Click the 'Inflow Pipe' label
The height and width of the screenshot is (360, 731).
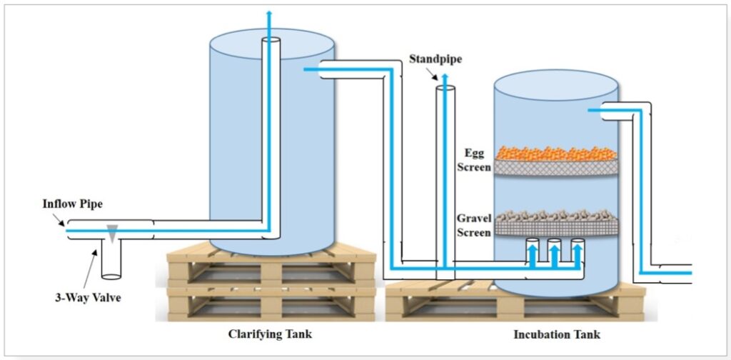72,204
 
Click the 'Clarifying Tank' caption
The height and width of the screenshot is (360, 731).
270,334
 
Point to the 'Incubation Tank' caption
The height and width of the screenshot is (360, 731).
557,335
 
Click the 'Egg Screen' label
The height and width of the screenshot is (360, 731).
474,160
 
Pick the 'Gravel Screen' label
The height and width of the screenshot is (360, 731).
474,225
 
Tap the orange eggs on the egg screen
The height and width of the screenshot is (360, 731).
555,153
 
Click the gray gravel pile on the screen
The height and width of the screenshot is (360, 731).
555,216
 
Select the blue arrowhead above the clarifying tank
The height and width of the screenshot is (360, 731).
269,13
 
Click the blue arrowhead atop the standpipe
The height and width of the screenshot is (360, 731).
445,78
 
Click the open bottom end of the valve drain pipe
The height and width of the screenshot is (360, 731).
111,276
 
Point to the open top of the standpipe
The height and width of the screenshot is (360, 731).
445,88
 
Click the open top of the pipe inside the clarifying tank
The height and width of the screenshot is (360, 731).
271,40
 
